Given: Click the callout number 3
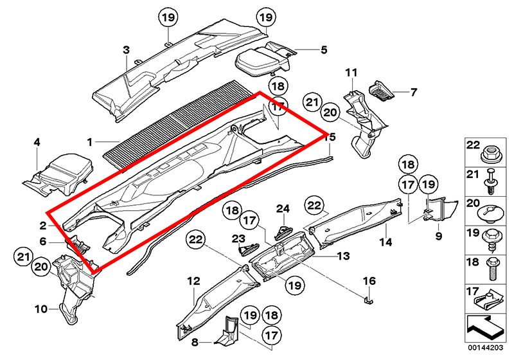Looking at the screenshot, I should point(126,50).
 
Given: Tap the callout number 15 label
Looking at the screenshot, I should point(330,136).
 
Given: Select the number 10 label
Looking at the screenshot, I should point(40,309).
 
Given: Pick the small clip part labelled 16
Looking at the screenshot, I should point(368,299).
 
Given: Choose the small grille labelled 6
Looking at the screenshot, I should point(76,244).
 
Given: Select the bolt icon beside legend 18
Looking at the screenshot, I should point(492,267).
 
